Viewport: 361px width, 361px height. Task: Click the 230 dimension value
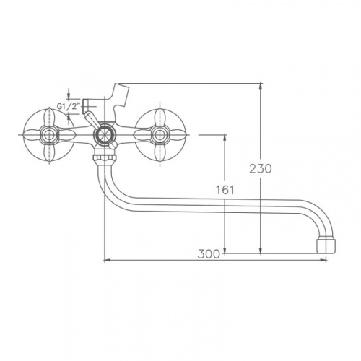coord(261,168)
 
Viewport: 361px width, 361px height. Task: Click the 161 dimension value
coord(225,190)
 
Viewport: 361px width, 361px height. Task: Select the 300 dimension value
coord(209,254)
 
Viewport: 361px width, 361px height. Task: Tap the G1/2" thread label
coord(68,106)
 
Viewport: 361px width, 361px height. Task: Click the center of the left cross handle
coord(50,134)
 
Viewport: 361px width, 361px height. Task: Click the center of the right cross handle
coord(160,134)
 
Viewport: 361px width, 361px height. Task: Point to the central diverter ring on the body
coord(105,135)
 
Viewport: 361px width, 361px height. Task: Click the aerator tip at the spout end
coord(326,245)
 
